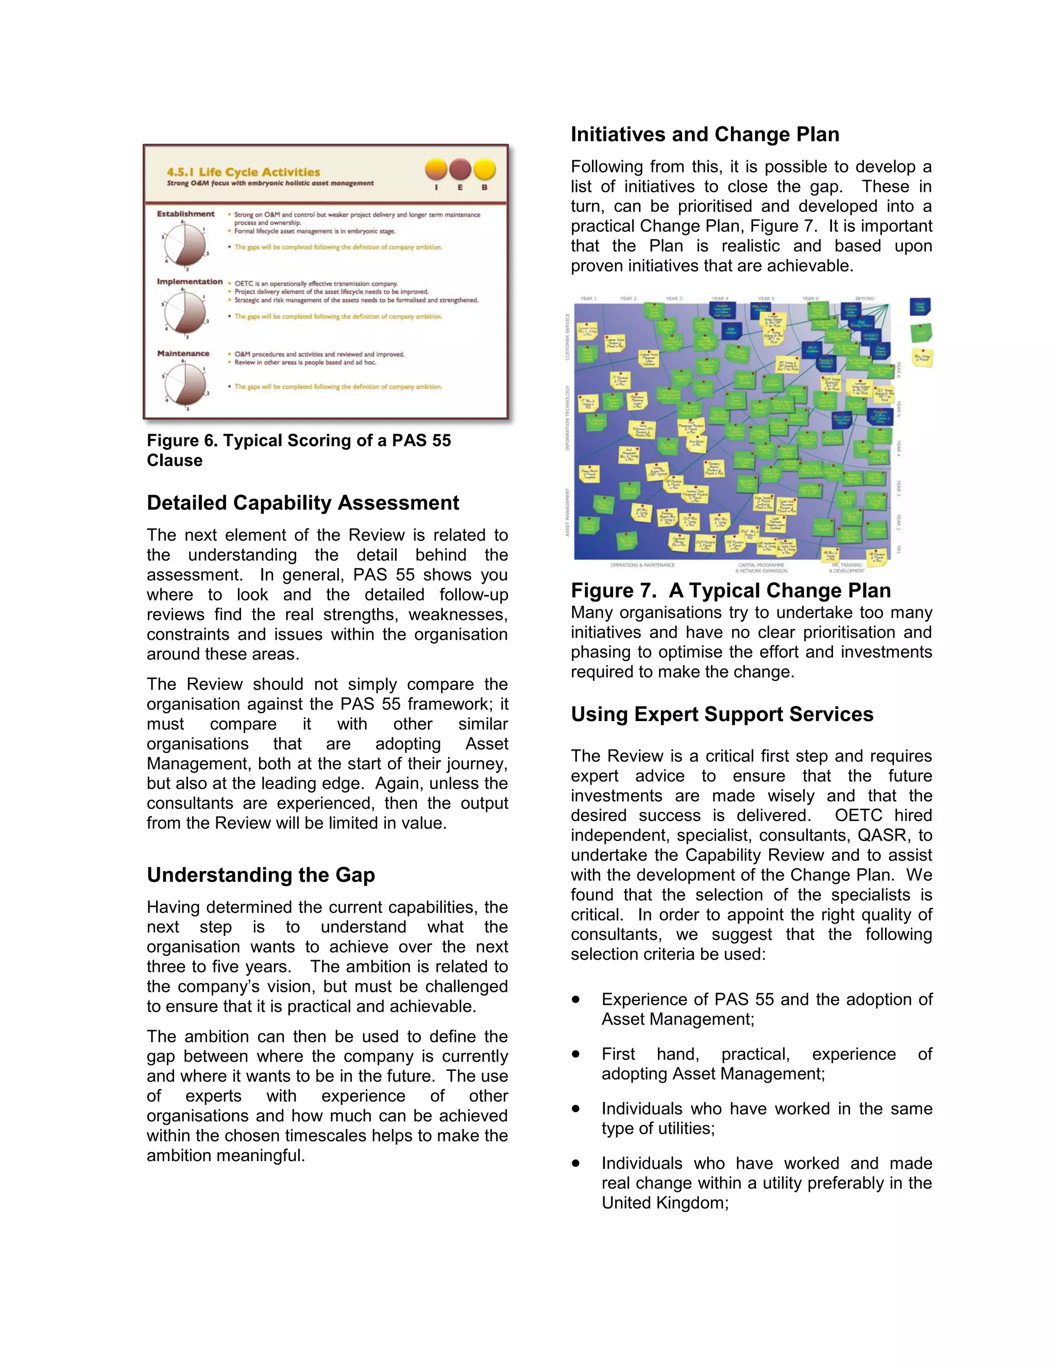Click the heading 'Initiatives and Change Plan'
(704, 134)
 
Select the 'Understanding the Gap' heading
(261, 875)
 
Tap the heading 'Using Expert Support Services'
(721, 714)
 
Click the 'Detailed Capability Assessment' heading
(302, 503)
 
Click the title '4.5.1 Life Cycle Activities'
(243, 172)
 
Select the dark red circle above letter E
(460, 169)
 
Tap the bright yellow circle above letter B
(484, 169)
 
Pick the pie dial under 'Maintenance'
(185, 384)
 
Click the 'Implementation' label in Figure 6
(190, 282)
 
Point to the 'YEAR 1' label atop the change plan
(588, 299)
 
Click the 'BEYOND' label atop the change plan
(864, 299)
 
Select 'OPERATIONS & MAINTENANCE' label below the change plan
(642, 565)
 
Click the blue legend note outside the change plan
(920, 306)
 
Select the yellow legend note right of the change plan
(922, 357)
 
